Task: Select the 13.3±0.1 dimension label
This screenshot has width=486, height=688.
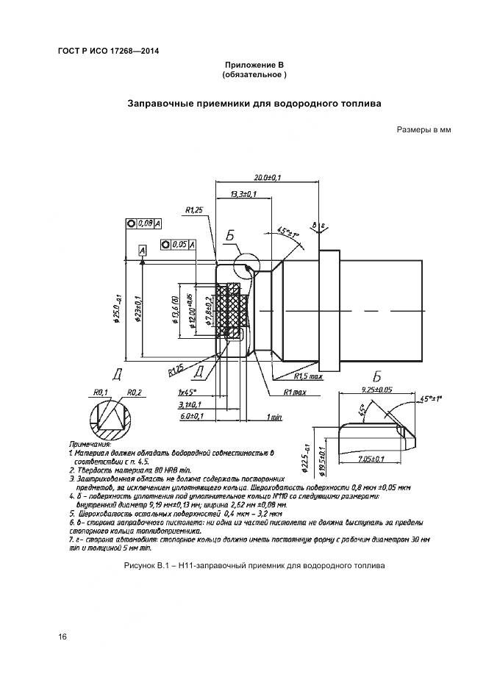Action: coord(243,193)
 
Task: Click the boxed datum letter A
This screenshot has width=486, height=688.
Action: coord(142,251)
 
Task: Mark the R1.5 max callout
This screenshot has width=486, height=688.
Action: coord(307,377)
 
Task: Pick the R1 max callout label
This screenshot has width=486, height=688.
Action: coord(293,393)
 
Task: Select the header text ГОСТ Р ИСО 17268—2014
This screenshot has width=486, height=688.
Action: coord(108,51)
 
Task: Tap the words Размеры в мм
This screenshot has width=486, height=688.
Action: coord(423,130)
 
